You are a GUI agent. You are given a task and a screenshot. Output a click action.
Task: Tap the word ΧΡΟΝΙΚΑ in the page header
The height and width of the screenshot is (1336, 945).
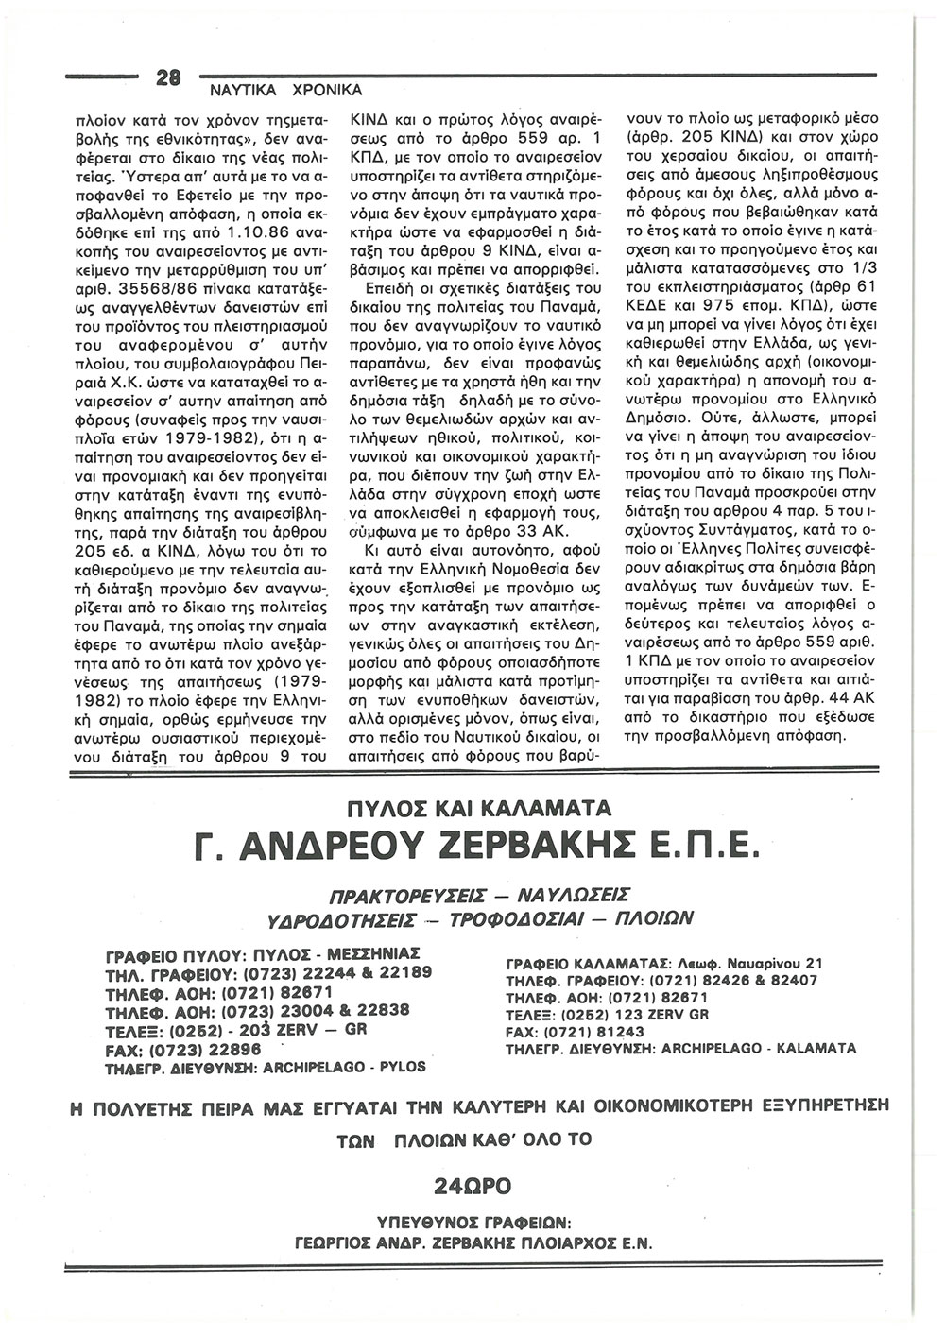(320, 90)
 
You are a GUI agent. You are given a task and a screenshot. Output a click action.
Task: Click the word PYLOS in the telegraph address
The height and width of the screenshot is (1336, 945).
(402, 1067)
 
